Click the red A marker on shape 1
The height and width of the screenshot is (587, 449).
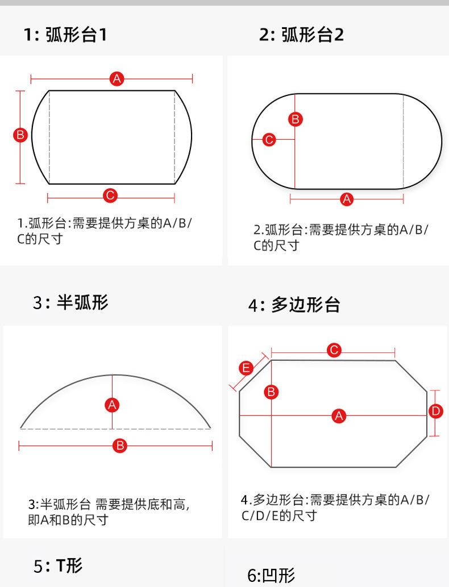117,78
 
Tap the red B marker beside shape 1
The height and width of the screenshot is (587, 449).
20,135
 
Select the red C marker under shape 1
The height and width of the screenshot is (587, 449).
110,195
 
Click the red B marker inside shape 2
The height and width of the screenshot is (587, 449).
296,119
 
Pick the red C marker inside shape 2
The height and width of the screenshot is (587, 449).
269,140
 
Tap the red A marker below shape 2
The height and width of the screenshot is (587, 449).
347,199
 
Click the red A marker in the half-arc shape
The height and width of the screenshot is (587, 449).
113,405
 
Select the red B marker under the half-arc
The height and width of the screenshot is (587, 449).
120,446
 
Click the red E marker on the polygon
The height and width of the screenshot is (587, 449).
246,368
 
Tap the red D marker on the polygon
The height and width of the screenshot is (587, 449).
435,411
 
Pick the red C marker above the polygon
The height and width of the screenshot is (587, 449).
334,350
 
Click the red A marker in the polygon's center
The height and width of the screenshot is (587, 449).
339,415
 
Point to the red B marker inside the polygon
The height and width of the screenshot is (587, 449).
271,392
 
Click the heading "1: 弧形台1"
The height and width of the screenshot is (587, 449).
65,35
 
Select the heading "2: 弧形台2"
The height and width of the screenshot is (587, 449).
301,35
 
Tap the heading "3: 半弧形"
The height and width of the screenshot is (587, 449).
71,302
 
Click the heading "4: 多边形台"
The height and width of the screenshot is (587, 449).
294,305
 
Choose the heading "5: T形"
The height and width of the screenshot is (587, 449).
58,565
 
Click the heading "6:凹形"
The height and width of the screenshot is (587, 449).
271,576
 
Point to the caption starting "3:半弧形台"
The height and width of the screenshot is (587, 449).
109,512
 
